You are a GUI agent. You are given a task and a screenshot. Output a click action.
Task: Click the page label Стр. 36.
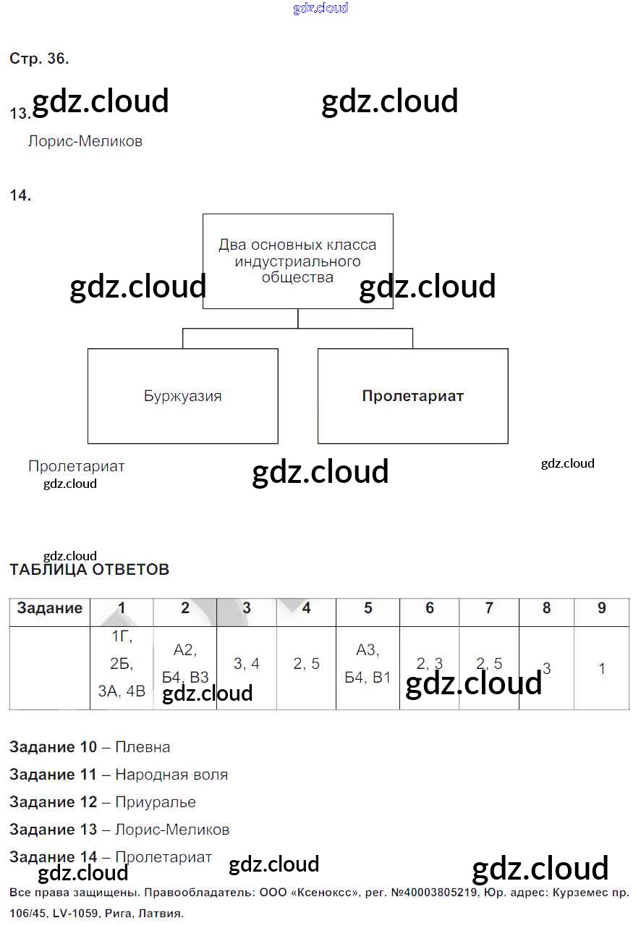pos(39,59)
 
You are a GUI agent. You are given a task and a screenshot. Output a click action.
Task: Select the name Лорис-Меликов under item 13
pos(85,141)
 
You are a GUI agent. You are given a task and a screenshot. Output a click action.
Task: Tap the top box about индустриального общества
pos(297,261)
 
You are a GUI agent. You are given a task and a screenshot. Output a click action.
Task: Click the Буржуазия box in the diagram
pos(182,396)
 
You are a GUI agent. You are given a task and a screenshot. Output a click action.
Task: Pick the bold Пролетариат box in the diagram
pos(412,396)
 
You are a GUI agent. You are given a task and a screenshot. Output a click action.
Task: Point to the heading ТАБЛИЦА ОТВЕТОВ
pos(89,569)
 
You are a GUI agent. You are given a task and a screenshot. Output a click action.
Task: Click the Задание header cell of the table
pos(49,608)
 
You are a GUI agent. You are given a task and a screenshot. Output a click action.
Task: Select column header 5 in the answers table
pos(368,608)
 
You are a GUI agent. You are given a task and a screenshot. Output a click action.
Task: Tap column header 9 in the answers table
pos(601,608)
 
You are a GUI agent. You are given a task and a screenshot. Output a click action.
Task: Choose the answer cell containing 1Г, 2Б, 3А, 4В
pos(122,664)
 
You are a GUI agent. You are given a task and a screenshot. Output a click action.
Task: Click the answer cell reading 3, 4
pos(246,664)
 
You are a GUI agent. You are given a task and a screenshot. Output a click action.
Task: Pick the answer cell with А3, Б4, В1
pos(368,664)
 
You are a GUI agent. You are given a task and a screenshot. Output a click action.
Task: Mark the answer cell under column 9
pos(601,669)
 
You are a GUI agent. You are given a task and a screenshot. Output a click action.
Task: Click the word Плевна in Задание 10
pos(143,747)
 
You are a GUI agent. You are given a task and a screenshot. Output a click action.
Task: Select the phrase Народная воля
pos(171,775)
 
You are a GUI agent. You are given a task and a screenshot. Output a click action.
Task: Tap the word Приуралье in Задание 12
pos(155,802)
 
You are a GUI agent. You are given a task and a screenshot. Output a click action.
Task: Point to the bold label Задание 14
pos(53,857)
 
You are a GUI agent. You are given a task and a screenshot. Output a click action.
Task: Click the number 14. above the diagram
pos(20,195)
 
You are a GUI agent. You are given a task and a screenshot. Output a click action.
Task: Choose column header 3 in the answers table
pos(246,608)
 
